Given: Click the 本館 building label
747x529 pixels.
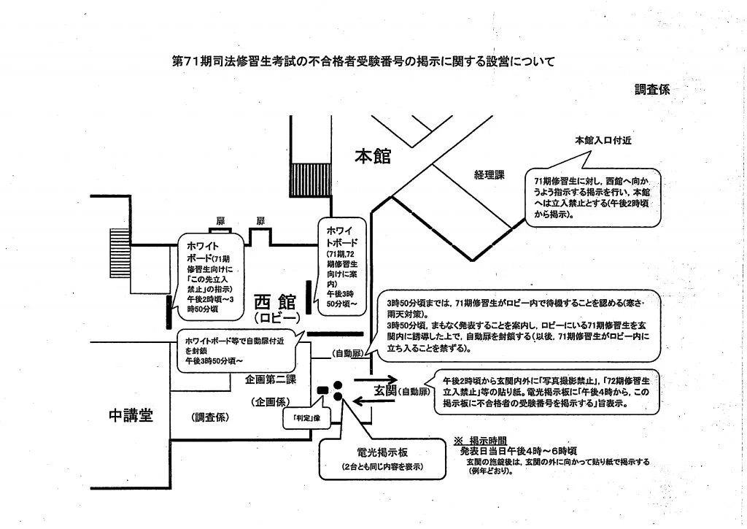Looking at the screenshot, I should click(373, 156).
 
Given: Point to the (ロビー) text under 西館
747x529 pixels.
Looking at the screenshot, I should click(276, 320).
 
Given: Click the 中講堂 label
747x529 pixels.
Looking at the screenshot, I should click(131, 416).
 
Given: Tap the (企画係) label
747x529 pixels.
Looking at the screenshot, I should click(273, 401).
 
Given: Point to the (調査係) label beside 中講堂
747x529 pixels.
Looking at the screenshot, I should click(212, 417).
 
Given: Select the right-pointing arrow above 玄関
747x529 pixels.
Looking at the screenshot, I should click(375, 379).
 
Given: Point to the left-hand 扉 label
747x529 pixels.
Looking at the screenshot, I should click(220, 221).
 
